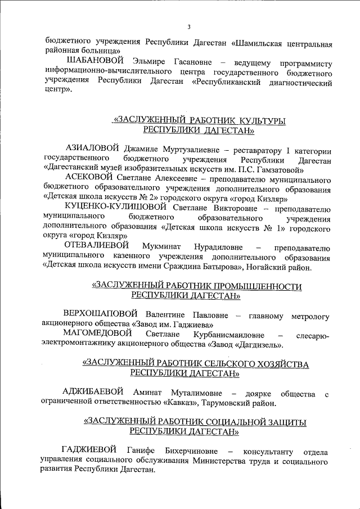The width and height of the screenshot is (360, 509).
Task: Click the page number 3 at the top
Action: click(x=189, y=27)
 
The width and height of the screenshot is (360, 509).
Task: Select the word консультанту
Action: click(x=267, y=452)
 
